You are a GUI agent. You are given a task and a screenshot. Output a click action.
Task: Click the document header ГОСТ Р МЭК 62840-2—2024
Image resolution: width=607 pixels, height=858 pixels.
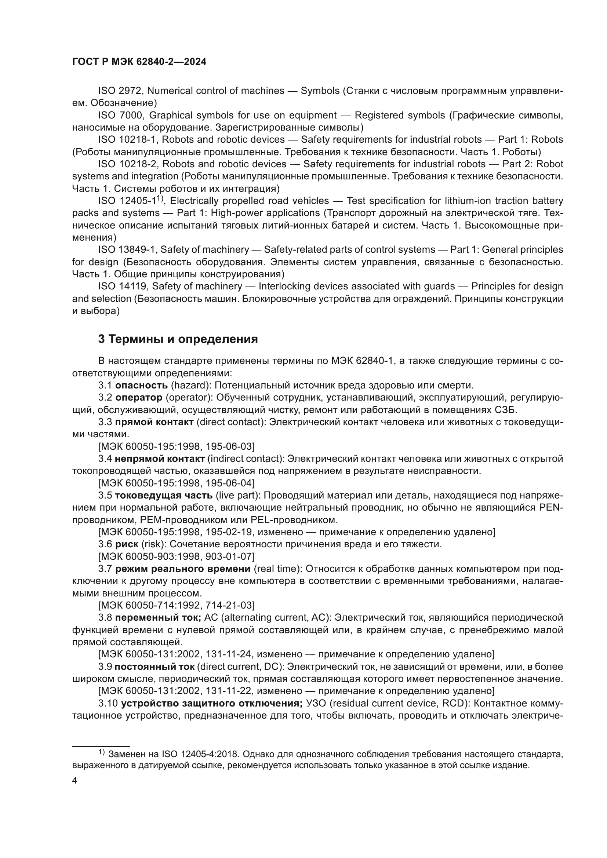[139, 62]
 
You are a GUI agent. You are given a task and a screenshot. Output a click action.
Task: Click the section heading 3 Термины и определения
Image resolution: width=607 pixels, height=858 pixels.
[178, 339]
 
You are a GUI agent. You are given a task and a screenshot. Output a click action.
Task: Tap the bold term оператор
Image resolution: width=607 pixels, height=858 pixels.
[139, 397]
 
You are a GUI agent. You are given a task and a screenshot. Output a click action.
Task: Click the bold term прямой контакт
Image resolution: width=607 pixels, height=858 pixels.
[154, 422]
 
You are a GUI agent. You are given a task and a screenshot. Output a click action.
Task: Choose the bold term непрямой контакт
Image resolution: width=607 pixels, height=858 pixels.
[160, 459]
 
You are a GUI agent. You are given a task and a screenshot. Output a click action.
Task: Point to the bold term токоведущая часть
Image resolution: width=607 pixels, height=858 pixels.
[163, 496]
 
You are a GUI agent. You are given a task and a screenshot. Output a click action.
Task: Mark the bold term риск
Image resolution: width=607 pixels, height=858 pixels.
[126, 544]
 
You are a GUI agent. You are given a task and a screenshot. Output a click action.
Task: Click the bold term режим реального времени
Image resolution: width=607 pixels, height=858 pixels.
[182, 569]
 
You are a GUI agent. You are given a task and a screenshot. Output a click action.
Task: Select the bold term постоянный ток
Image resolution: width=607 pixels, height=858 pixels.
[155, 667]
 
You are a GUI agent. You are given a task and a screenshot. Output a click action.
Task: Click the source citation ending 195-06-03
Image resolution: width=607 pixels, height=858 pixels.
[176, 446]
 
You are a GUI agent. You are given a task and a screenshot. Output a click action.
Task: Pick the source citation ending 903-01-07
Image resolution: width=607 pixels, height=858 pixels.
[176, 556]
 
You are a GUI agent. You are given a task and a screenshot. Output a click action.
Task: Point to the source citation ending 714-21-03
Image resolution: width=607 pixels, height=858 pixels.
[176, 605]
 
